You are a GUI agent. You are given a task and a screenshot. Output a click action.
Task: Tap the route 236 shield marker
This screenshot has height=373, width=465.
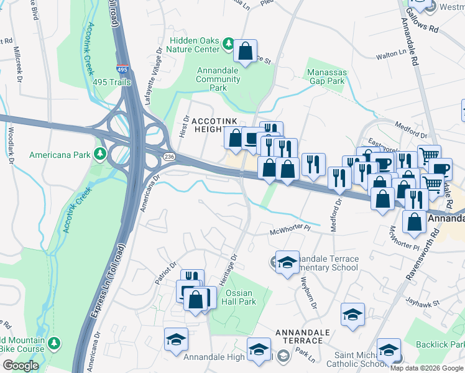[168, 155]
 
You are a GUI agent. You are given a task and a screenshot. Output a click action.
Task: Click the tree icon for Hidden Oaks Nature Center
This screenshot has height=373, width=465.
[229, 43]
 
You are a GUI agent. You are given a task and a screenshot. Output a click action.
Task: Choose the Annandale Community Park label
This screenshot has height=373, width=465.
[218, 79]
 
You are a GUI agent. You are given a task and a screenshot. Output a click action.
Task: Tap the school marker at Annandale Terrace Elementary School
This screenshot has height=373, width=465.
[287, 263]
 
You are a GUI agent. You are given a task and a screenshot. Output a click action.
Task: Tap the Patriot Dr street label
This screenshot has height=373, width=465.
[166, 272]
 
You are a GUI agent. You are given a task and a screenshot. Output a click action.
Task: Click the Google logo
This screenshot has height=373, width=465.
[21, 365]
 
